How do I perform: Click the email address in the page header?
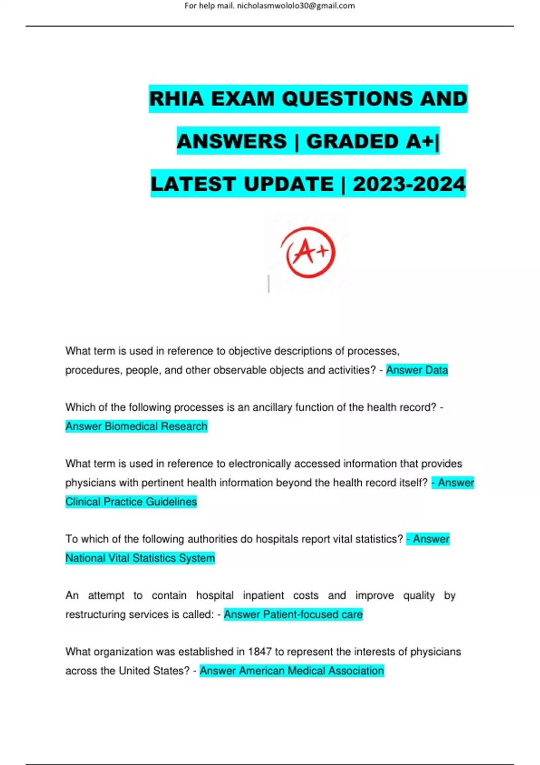point(296,6)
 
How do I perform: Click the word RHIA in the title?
point(176,99)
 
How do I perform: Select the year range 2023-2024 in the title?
point(409,184)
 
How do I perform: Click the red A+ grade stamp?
point(308,252)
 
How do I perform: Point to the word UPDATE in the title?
point(288,184)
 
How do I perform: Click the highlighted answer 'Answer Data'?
point(417,370)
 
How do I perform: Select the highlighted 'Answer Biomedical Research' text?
point(136,426)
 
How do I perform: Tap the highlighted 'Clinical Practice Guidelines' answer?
point(131,502)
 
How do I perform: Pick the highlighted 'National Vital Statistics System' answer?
point(140,558)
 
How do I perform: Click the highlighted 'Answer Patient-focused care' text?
point(293,614)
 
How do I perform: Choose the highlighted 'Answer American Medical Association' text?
point(292,670)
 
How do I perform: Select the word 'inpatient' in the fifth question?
point(263,595)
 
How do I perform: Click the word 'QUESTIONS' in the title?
point(348,99)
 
